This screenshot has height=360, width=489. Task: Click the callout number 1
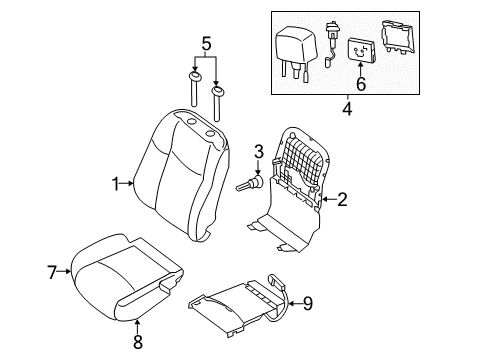point(115,183)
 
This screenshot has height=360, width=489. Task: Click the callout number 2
point(342,200)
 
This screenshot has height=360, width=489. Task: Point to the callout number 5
point(205,44)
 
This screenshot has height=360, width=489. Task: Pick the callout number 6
point(361,85)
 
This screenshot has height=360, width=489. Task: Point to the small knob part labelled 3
point(248,185)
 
